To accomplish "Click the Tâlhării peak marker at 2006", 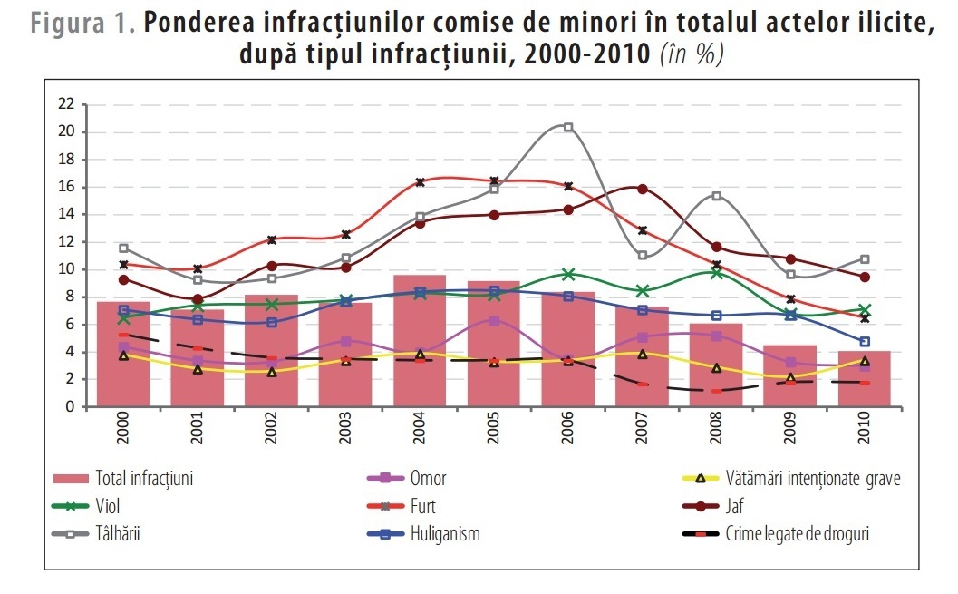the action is click(x=568, y=127).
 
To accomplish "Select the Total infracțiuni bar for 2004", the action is click(x=420, y=341).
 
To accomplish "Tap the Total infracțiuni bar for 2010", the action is click(x=864, y=379).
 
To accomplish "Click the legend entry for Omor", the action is click(x=407, y=478).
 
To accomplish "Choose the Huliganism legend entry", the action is click(x=423, y=533).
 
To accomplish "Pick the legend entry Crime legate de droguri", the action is click(x=775, y=533).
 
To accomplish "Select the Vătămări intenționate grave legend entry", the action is click(x=791, y=478).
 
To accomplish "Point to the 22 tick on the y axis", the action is click(x=66, y=104).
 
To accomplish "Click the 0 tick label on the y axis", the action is click(x=71, y=406).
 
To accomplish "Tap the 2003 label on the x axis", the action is click(x=346, y=427).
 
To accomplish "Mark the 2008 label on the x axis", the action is click(x=716, y=427).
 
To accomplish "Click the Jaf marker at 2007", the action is click(x=642, y=189).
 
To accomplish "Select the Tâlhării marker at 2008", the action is click(x=716, y=196).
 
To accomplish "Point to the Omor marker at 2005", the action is click(x=494, y=320).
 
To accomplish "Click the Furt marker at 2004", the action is click(x=420, y=182).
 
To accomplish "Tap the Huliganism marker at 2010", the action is click(x=865, y=342).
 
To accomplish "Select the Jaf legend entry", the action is click(x=713, y=506).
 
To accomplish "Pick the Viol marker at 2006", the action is click(x=568, y=274).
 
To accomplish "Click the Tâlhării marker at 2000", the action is click(x=123, y=248).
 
